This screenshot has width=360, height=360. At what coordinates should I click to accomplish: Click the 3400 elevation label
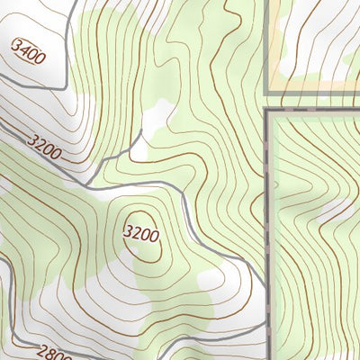tap(29, 51)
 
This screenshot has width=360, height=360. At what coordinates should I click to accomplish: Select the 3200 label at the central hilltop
tap(141, 236)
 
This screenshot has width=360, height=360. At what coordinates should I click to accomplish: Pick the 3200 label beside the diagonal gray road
tap(44, 146)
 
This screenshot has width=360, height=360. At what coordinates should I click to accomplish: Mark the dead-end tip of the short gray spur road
tap(142, 132)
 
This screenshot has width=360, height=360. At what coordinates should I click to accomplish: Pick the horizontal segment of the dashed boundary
tap(315, 112)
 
